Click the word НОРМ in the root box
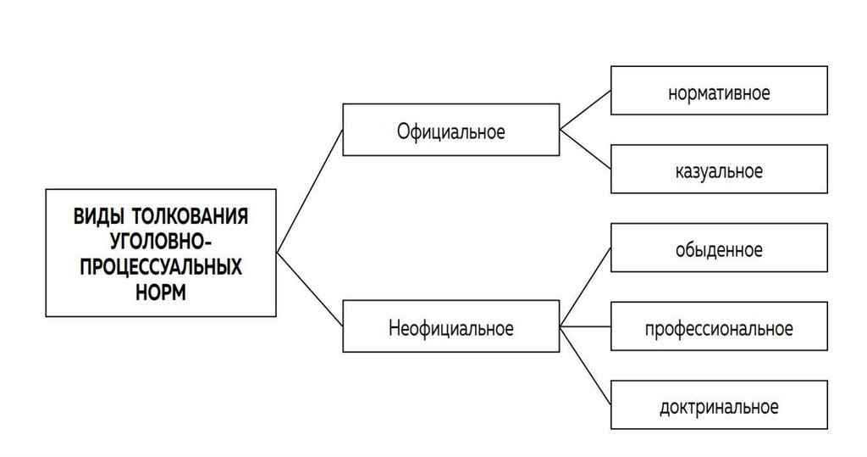click(161, 292)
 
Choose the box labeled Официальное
click(450, 131)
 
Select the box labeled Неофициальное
click(450, 327)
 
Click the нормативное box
click(719, 92)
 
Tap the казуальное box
click(719, 170)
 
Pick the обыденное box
click(719, 249)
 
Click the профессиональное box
click(719, 327)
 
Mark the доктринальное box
click(719, 406)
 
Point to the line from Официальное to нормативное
click(585, 111)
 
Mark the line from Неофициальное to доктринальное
click(585, 366)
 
